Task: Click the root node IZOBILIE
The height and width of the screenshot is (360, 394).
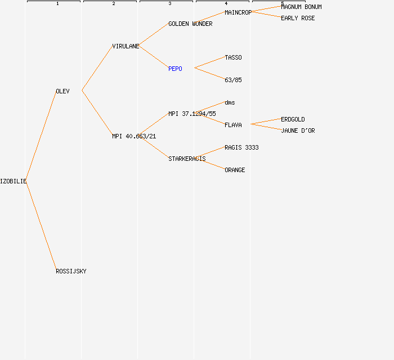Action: (x=13, y=181)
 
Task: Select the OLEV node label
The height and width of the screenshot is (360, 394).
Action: (x=62, y=91)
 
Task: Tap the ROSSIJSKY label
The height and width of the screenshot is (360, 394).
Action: (x=71, y=271)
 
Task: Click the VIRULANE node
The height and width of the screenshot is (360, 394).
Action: (x=126, y=47)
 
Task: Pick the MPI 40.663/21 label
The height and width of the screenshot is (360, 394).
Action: (x=134, y=136)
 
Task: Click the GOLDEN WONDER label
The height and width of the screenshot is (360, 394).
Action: (x=190, y=24)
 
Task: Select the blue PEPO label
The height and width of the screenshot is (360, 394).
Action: (x=175, y=69)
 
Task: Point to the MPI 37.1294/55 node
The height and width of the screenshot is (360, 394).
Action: (x=192, y=114)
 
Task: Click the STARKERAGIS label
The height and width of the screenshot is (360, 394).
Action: (x=187, y=159)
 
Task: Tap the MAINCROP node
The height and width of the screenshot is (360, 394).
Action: (x=238, y=12)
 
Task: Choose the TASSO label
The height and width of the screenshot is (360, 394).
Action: (x=233, y=58)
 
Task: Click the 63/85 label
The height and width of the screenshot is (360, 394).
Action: (x=233, y=80)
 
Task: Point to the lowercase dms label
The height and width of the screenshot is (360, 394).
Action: (x=230, y=103)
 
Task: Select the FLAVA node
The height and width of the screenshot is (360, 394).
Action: (x=233, y=125)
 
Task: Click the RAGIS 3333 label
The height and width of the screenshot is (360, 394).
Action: (x=241, y=147)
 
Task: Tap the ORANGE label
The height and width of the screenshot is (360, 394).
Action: (x=235, y=170)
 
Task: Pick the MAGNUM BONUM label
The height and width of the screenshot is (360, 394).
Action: (x=301, y=7)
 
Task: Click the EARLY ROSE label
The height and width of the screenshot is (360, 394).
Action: (x=298, y=19)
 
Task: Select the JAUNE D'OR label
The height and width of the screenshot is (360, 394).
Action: (x=298, y=131)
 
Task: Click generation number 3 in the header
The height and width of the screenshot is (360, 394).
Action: (x=170, y=3)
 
